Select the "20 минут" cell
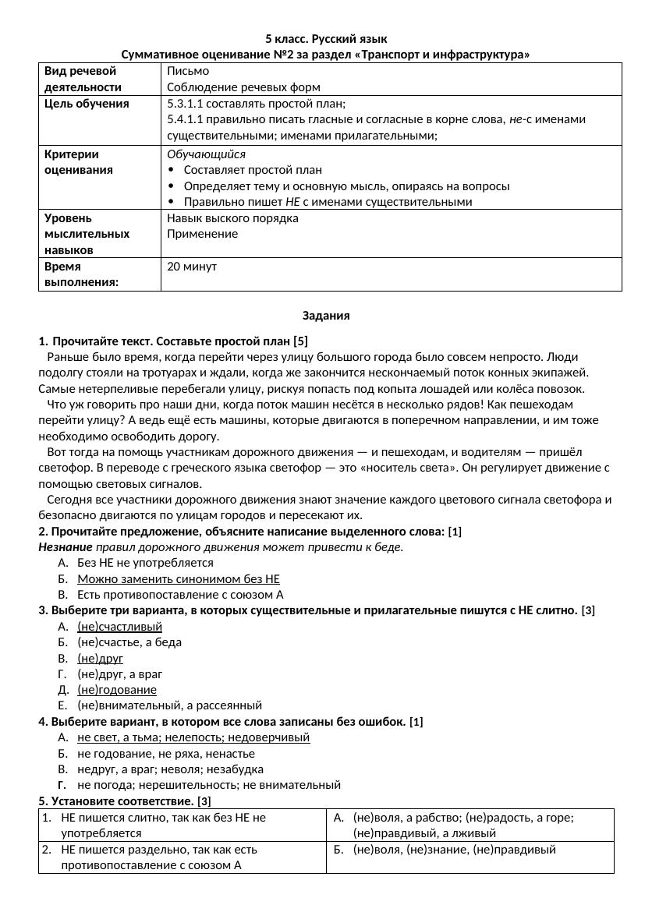tap(192, 267)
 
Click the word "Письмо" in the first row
tap(187, 71)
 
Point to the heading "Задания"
tap(326, 316)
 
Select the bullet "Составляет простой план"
tap(253, 170)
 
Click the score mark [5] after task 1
tap(300, 341)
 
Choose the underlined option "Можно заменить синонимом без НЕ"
tap(178, 579)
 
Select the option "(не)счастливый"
tap(119, 627)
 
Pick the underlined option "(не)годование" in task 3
tap(117, 690)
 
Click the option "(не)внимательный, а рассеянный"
tap(169, 705)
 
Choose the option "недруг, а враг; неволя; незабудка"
tap(170, 769)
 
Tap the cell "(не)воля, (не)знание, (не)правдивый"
tap(454, 850)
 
